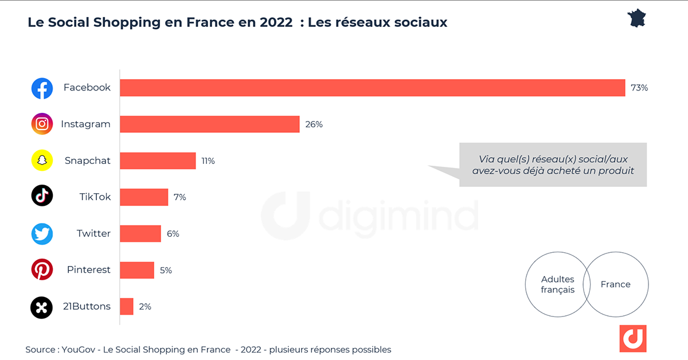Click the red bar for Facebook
(372, 88)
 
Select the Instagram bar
(210, 124)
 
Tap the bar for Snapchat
(158, 161)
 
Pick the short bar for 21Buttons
(127, 306)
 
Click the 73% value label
(639, 88)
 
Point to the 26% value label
(314, 124)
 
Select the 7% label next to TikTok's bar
(179, 197)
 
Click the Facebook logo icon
(42, 88)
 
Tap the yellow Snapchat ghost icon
(42, 161)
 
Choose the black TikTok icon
(42, 196)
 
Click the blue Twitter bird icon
(42, 234)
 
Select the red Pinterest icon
(42, 269)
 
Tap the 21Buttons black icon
(42, 307)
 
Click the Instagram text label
(85, 124)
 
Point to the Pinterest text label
(88, 270)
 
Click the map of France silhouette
(638, 18)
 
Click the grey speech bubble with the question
(553, 165)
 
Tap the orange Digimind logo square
(632, 339)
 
